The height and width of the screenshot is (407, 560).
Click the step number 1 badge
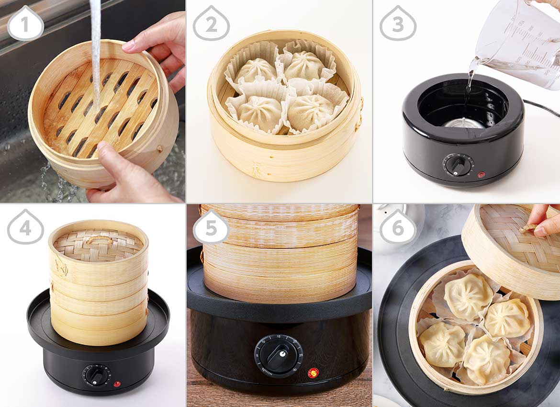(x=25, y=23)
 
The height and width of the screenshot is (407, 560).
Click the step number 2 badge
(x=211, y=23)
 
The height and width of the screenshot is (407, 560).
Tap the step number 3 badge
(x=398, y=23)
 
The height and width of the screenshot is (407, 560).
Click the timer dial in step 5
(x=279, y=355)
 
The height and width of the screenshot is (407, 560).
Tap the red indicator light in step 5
(x=313, y=373)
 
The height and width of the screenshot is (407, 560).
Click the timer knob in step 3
(x=458, y=165)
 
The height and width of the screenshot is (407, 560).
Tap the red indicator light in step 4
(x=116, y=384)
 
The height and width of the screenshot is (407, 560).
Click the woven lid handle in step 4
(x=99, y=238)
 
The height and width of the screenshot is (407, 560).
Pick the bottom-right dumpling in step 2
(x=311, y=112)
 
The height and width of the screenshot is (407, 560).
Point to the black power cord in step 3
(x=541, y=108)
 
